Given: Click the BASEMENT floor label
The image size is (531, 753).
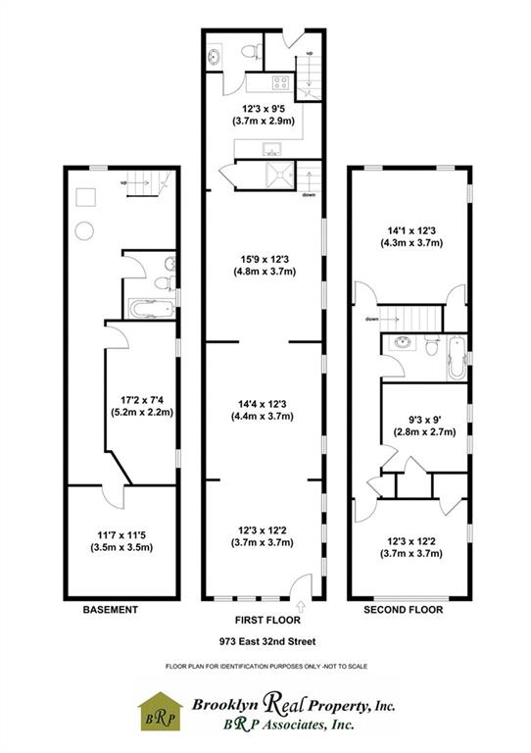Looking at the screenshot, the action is (111, 610).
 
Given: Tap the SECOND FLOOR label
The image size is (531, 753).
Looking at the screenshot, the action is (403, 610).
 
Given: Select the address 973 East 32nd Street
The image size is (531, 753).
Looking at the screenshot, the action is (267, 641).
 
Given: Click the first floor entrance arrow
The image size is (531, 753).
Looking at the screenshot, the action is (301, 605).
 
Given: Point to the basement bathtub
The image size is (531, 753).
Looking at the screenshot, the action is (152, 308).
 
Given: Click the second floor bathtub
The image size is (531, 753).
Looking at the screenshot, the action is (457, 358).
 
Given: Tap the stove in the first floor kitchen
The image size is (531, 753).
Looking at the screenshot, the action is (280, 82).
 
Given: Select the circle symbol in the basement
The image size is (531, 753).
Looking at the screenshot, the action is (84, 231).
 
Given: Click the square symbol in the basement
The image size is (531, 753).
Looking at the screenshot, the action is (86, 197).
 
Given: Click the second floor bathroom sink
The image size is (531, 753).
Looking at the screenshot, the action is (402, 343).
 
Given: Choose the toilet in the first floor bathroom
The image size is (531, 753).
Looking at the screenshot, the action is (252, 51).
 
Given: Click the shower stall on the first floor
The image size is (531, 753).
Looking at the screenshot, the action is (279, 175).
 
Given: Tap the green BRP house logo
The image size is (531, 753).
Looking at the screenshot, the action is (161, 712).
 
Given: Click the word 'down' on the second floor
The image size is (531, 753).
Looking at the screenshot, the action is (371, 319).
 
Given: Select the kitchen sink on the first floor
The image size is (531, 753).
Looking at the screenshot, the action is (272, 148).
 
